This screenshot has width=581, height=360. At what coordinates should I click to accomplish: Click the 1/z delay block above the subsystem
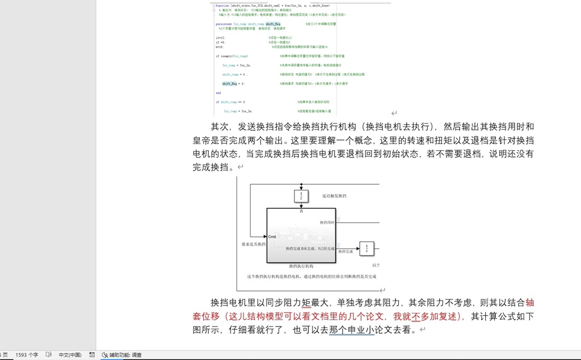click(301, 196)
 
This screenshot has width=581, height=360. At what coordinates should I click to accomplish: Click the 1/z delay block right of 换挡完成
click(367, 248)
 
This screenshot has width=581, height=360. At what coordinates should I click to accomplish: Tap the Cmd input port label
click(272, 236)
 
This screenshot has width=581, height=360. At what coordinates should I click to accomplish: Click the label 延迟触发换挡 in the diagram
click(334, 196)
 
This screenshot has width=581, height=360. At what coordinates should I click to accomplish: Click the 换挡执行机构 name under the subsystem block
click(301, 265)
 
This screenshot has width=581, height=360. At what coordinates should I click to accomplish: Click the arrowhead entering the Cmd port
click(264, 236)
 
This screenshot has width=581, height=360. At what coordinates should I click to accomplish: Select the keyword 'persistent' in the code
click(224, 24)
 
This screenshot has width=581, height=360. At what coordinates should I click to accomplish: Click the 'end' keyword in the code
click(218, 93)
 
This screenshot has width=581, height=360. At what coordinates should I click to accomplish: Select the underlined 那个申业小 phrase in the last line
click(351, 329)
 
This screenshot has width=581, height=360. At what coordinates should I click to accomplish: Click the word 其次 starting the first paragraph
click(220, 126)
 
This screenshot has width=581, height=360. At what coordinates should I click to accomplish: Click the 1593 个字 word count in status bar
click(27, 355)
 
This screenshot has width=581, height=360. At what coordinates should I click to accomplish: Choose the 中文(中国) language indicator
click(70, 355)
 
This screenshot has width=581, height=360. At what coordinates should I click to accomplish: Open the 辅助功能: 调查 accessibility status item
click(121, 355)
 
